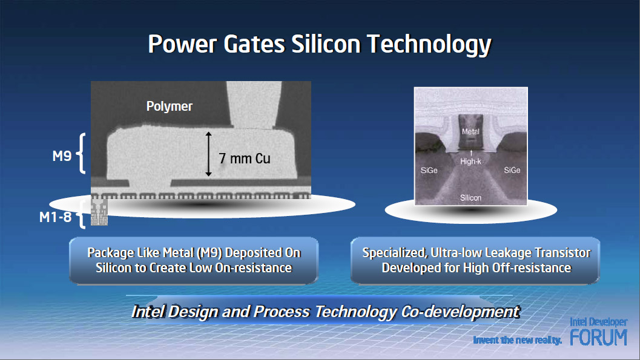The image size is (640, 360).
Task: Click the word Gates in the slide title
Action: (x=254, y=44)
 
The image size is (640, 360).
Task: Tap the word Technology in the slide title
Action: (x=429, y=45)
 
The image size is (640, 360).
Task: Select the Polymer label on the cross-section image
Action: (x=170, y=106)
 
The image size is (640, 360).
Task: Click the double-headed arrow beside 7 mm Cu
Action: (x=208, y=154)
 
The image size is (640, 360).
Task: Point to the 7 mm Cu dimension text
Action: (x=245, y=158)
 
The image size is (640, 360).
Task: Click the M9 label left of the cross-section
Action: (x=62, y=155)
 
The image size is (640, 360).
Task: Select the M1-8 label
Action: (x=56, y=217)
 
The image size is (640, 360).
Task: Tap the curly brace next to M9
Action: (x=81, y=153)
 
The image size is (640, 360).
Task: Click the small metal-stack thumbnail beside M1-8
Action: (x=99, y=212)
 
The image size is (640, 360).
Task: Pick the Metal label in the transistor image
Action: (x=470, y=132)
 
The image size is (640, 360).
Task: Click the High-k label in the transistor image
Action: (x=470, y=162)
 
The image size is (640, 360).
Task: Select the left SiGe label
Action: (x=429, y=171)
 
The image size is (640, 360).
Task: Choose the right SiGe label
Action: (x=512, y=170)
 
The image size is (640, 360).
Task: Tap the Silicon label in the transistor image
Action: (x=470, y=198)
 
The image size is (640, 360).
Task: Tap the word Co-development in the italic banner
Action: (x=460, y=312)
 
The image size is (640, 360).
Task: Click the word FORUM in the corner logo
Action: (x=598, y=337)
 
